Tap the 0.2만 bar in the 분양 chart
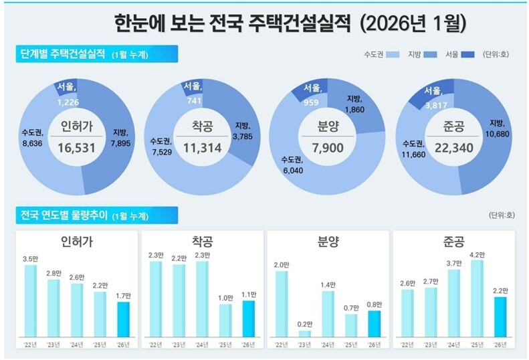304,333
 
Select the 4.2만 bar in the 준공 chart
476,298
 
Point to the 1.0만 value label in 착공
225,297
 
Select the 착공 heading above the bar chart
201,242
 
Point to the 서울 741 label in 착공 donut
195,93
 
